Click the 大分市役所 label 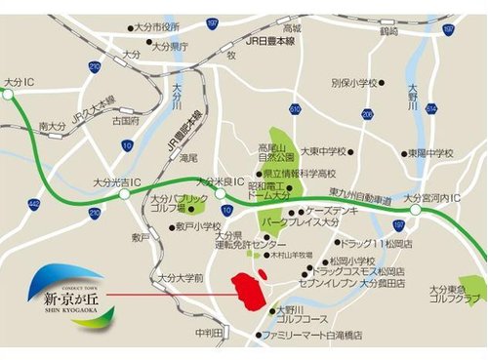point(158,26)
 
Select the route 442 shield point(34,203)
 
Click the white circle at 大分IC point(9,96)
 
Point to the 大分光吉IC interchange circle point(124,194)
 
